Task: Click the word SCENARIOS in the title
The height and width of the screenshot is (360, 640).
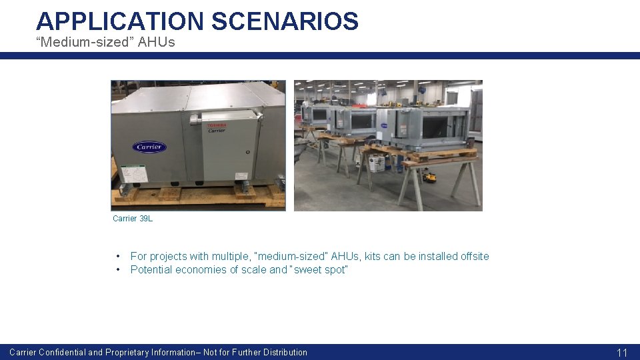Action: [285, 21]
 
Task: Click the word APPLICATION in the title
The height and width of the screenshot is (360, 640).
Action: [120, 21]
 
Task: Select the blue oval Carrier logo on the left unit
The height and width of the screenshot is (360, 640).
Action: [149, 147]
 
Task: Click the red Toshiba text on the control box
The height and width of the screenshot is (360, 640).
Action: [216, 125]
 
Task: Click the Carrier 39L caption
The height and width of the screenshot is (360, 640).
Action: [133, 219]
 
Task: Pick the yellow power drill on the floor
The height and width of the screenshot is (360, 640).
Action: [429, 177]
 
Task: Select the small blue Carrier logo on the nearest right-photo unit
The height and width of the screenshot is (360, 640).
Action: [385, 125]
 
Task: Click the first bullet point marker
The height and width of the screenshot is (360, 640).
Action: [118, 257]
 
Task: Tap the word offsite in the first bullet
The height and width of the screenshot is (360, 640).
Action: [475, 257]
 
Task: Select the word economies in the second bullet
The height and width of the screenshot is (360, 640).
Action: [204, 270]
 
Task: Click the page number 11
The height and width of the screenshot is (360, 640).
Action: [622, 353]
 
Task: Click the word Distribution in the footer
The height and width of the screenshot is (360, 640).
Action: [285, 353]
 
